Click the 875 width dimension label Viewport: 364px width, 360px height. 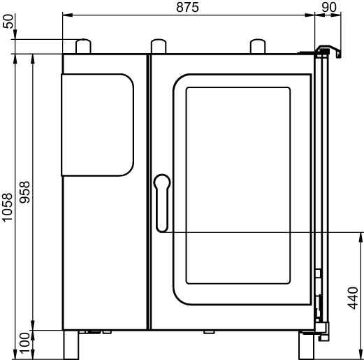coord(187,7)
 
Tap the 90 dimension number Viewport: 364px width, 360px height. coord(329,7)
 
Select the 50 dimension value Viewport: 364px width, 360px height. coord(8,22)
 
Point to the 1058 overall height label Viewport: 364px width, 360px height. coord(8,207)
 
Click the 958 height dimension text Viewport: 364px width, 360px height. coord(24,192)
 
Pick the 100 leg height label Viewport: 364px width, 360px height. coord(24,343)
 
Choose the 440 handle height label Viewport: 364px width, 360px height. coord(353,298)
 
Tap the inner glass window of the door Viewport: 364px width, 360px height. coord(238,185)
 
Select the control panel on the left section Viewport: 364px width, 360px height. coord(97,125)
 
